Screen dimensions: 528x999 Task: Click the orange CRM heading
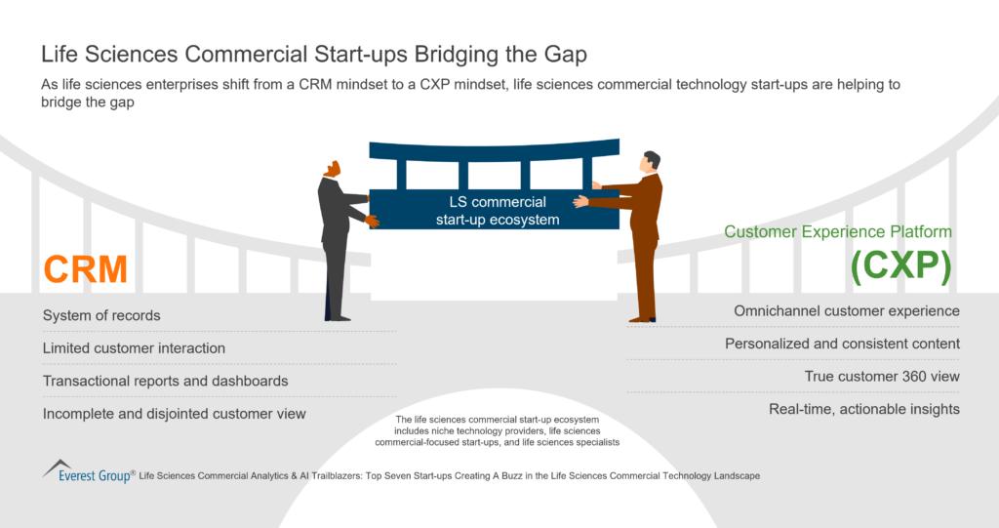click(86, 269)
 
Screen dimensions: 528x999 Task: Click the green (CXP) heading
click(900, 267)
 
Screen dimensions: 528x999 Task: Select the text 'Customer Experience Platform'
click(837, 232)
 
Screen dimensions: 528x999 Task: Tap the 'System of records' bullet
click(101, 315)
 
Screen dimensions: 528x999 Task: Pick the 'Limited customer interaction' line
click(134, 348)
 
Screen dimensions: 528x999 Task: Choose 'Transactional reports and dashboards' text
click(165, 381)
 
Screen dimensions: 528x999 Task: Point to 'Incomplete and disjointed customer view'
click(174, 414)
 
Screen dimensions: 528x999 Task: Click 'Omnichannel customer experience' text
click(847, 310)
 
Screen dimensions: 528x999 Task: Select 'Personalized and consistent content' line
click(842, 344)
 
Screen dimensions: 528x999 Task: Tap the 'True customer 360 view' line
click(882, 376)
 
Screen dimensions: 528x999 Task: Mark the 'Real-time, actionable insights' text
click(864, 409)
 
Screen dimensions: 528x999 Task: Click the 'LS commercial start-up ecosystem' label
click(497, 211)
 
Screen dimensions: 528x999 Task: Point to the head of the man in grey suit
click(333, 169)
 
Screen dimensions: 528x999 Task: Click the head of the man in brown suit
click(651, 161)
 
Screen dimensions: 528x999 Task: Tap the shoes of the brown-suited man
click(641, 317)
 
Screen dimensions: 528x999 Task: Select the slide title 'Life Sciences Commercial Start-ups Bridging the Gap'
click(314, 53)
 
